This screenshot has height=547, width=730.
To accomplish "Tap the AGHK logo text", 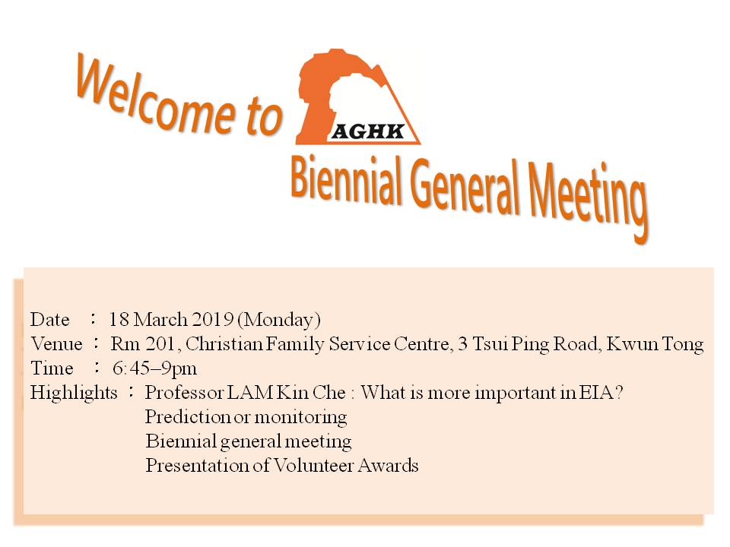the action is coord(368,132).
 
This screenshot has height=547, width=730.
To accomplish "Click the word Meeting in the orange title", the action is coord(588,200).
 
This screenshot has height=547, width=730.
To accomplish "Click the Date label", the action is coord(50,320).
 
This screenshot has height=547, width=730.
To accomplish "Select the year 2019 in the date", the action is coord(212,320).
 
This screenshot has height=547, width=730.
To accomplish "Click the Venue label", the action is coord(56,344).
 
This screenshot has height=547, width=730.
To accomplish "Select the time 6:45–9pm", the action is coord(154,369).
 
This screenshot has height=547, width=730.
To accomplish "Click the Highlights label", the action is coord(74,393).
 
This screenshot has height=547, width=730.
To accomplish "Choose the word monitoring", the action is coord(301,417).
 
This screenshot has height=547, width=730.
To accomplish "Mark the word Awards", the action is coord(389,466).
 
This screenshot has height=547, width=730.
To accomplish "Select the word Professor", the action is coord(184,393).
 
